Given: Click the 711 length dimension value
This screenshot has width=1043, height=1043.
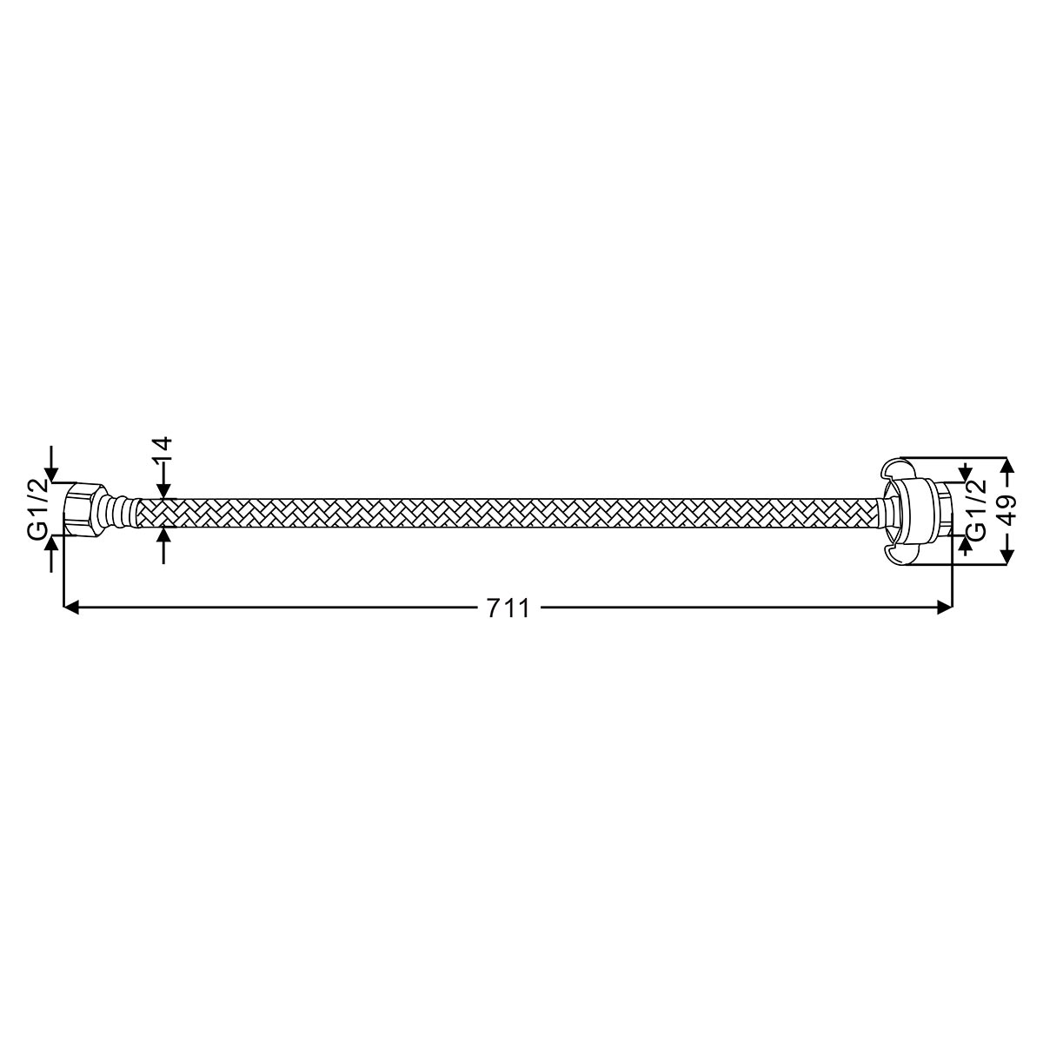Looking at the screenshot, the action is pos(508,608).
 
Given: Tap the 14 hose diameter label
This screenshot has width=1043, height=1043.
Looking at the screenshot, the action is pos(163,448).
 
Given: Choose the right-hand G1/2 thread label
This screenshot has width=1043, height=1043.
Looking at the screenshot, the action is pos(978,510).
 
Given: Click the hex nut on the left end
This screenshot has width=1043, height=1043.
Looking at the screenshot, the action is pos(84,510).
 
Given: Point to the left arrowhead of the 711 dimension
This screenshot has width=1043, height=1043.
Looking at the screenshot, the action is pos(71,608).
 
